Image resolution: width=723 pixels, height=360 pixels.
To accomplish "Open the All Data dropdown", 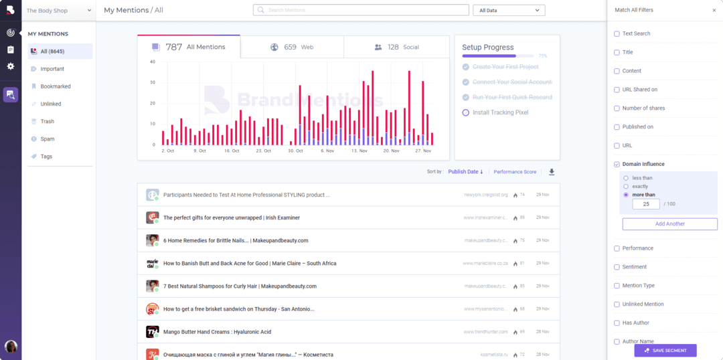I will click(508, 10).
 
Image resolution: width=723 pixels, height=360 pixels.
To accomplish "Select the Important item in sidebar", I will click(52, 69).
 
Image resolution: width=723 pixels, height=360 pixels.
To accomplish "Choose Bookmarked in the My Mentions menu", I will click(55, 86).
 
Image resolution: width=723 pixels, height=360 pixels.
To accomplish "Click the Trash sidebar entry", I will click(47, 121).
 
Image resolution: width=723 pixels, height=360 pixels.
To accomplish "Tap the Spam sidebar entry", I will click(47, 139).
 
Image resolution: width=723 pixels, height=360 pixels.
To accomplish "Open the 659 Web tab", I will click(292, 48).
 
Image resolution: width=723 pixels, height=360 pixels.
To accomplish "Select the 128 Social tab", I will click(396, 48).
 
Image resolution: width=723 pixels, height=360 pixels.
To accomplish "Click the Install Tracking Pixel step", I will click(500, 112).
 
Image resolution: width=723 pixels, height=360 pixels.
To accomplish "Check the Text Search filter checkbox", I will click(617, 33).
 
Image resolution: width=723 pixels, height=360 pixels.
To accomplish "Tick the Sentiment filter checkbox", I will click(617, 267).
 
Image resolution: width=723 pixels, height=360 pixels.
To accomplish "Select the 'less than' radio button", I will click(626, 178).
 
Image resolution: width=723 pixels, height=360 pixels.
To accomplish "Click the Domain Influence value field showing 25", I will click(646, 204).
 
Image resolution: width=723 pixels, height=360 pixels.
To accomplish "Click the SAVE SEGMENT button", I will click(665, 351).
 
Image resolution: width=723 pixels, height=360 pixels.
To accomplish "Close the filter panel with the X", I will click(714, 10).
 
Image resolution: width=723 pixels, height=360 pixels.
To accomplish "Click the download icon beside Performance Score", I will click(552, 172).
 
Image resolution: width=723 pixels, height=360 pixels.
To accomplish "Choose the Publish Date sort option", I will click(465, 172).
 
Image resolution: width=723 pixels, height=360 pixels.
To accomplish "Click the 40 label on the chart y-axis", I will click(153, 62).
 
